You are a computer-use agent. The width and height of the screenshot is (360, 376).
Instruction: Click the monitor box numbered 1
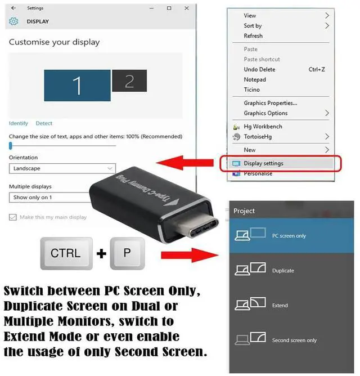77,85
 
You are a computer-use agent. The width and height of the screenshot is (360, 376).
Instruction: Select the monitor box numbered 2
129,81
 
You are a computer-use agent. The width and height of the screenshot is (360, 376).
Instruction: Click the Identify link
19,123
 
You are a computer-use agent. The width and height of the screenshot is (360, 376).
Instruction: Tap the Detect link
44,123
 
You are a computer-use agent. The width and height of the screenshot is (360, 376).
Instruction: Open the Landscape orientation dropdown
62,168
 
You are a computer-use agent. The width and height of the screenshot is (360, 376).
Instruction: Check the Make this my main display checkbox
13,217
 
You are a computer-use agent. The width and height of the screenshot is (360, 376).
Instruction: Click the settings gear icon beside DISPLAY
14,21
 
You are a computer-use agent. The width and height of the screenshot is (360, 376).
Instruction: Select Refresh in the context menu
253,36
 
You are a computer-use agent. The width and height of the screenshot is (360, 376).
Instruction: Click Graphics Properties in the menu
270,103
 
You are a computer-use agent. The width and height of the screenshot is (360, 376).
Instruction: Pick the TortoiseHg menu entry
258,137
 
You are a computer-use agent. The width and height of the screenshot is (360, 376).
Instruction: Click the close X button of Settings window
184,8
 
